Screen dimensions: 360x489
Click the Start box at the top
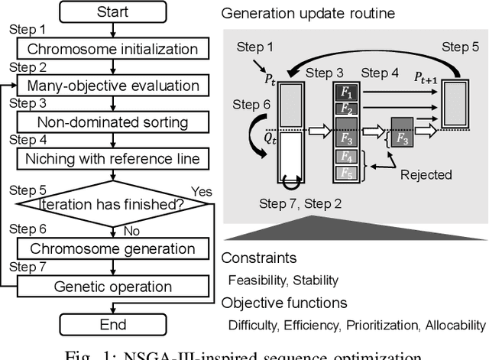[x=113, y=14]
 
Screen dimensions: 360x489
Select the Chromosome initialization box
[x=113, y=50]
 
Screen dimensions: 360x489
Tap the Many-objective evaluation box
[x=113, y=86]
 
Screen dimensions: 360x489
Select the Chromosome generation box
[x=113, y=248]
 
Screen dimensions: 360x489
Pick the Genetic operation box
[x=113, y=287]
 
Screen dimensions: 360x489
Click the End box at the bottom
[x=113, y=324]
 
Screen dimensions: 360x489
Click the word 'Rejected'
[x=426, y=174]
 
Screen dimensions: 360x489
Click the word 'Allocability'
[x=454, y=324]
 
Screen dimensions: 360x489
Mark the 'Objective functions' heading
[x=283, y=302]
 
